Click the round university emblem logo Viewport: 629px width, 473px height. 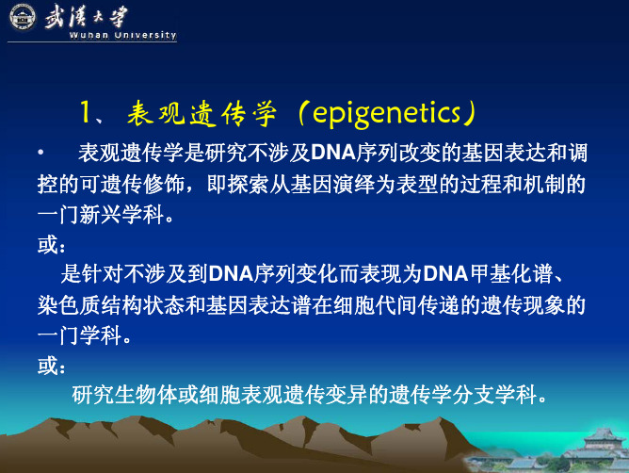(x=23, y=17)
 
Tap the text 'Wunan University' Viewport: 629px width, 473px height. (x=122, y=35)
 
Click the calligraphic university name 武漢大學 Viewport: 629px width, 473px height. (x=87, y=16)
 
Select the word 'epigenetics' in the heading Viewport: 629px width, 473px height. (x=386, y=114)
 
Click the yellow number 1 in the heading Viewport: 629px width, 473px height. (x=85, y=111)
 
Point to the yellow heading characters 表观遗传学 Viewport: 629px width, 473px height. (x=202, y=113)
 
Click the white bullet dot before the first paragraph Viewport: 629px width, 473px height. (x=40, y=153)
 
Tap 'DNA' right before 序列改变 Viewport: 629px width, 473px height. (x=333, y=153)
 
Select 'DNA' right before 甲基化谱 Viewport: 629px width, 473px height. (x=445, y=274)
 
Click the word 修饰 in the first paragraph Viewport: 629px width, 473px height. (x=164, y=184)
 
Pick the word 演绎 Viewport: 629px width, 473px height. (x=354, y=184)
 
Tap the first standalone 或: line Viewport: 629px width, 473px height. (x=52, y=245)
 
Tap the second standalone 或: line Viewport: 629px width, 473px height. (x=52, y=366)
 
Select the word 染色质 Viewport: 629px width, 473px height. (x=69, y=305)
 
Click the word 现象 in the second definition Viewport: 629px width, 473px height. (x=545, y=305)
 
